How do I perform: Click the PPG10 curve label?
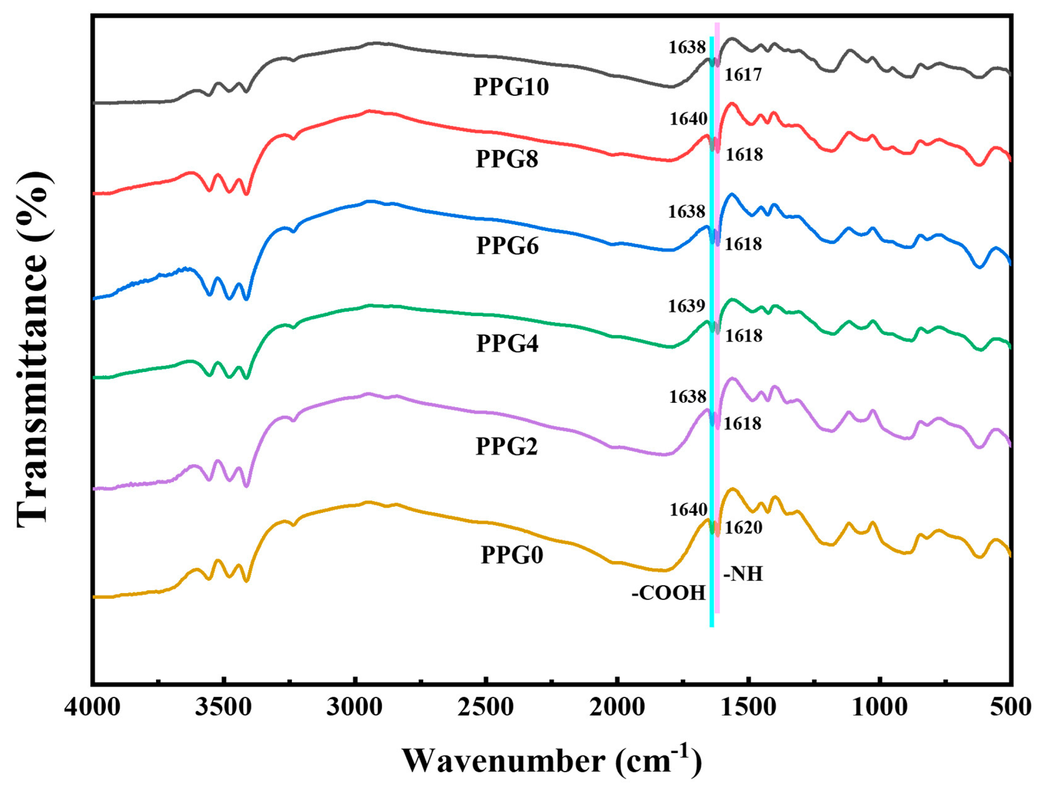(511, 87)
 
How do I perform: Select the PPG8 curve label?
(507, 159)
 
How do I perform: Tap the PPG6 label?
(507, 245)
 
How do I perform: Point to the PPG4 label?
(507, 343)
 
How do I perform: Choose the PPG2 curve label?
(507, 446)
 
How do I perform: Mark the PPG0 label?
(512, 555)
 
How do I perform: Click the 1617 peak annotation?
(743, 75)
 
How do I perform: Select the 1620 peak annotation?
(743, 528)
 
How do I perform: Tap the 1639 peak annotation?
(686, 306)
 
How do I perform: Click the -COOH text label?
(669, 593)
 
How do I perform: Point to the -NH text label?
(743, 574)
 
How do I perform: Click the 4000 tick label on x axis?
(93, 708)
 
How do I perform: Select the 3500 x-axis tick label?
(224, 708)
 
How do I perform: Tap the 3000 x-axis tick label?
(355, 708)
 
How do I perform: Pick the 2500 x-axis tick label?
(486, 708)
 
